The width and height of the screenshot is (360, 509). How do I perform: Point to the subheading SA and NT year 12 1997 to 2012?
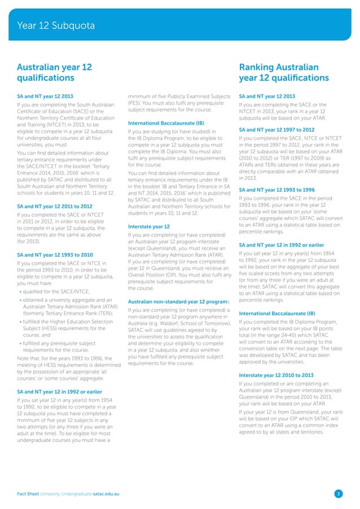tap(278, 129)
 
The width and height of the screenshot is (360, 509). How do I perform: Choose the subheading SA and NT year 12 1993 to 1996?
tap(278, 189)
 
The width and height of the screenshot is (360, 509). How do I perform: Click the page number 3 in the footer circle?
tap(338, 494)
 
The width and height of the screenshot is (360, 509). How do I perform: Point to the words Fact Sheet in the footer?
tap(29, 494)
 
